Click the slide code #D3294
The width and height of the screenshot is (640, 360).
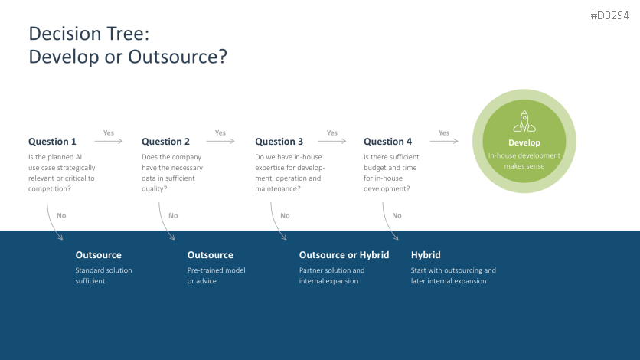point(609,15)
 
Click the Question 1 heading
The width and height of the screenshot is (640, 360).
point(52,142)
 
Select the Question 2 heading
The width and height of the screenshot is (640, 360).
point(165,142)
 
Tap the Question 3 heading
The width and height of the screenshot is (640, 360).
point(279,142)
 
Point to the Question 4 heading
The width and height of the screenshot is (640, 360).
point(388,142)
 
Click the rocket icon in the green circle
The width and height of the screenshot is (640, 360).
point(524,121)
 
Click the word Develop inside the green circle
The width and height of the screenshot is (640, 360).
point(524,143)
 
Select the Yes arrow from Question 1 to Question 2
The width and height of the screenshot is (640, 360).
point(109,141)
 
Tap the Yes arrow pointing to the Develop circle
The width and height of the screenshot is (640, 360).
point(444,141)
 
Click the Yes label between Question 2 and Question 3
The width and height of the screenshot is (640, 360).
point(220,133)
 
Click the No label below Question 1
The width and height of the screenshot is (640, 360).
point(61,215)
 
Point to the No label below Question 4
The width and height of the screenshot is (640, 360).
point(397,215)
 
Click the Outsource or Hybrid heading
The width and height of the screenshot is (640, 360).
point(344,255)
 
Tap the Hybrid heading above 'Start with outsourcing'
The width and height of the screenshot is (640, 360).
point(426,255)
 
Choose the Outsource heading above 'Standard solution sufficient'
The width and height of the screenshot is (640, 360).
point(98,255)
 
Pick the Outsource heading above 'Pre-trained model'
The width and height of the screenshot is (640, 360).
point(211,255)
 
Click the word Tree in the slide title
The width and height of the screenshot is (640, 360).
point(128,34)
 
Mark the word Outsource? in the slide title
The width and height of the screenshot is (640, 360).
point(178,57)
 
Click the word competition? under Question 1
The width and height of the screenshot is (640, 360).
point(50,189)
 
